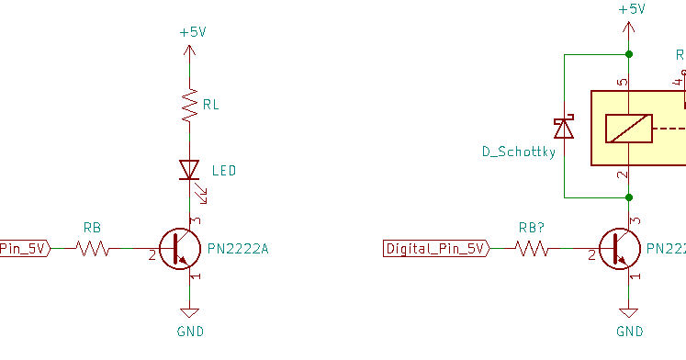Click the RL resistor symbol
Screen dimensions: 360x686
(x=189, y=107)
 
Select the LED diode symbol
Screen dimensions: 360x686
(x=189, y=170)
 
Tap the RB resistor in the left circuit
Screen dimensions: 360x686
(x=92, y=248)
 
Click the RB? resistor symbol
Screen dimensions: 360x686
(x=532, y=248)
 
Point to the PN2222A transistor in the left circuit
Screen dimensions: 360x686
(x=178, y=248)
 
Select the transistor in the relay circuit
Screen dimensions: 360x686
(x=618, y=248)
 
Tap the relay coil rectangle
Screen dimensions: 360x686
(x=628, y=129)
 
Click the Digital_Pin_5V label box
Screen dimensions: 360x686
(x=435, y=248)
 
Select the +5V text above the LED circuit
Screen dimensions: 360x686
(x=193, y=31)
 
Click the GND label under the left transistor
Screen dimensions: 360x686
(x=189, y=332)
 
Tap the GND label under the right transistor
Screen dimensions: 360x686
(x=629, y=332)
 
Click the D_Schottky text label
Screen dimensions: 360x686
(x=519, y=152)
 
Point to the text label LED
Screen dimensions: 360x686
(x=224, y=171)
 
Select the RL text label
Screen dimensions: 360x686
(x=211, y=105)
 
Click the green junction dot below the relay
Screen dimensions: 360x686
(x=629, y=197)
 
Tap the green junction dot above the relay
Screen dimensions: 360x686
(x=629, y=54)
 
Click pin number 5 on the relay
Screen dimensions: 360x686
(x=622, y=83)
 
